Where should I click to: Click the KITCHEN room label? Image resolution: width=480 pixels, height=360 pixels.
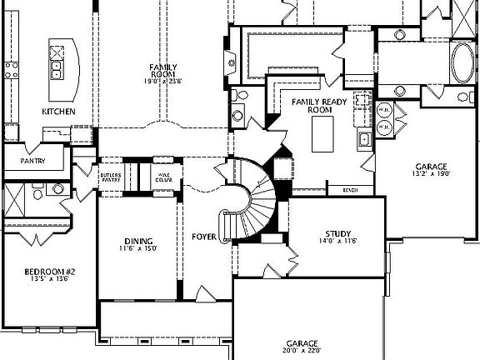tap(59, 111)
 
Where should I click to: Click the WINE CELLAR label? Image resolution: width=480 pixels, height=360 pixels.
tap(163, 177)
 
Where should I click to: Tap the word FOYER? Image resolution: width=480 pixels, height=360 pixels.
tap(204, 237)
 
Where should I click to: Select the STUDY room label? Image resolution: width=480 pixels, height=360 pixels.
tap(338, 233)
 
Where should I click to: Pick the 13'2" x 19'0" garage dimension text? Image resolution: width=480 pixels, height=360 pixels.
tap(432, 173)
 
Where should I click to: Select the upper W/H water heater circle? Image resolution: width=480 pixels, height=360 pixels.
tap(385, 110)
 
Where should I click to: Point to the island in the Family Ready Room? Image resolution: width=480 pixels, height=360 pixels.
tap(323, 134)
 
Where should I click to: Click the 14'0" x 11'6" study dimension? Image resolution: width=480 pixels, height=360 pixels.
tap(338, 242)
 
